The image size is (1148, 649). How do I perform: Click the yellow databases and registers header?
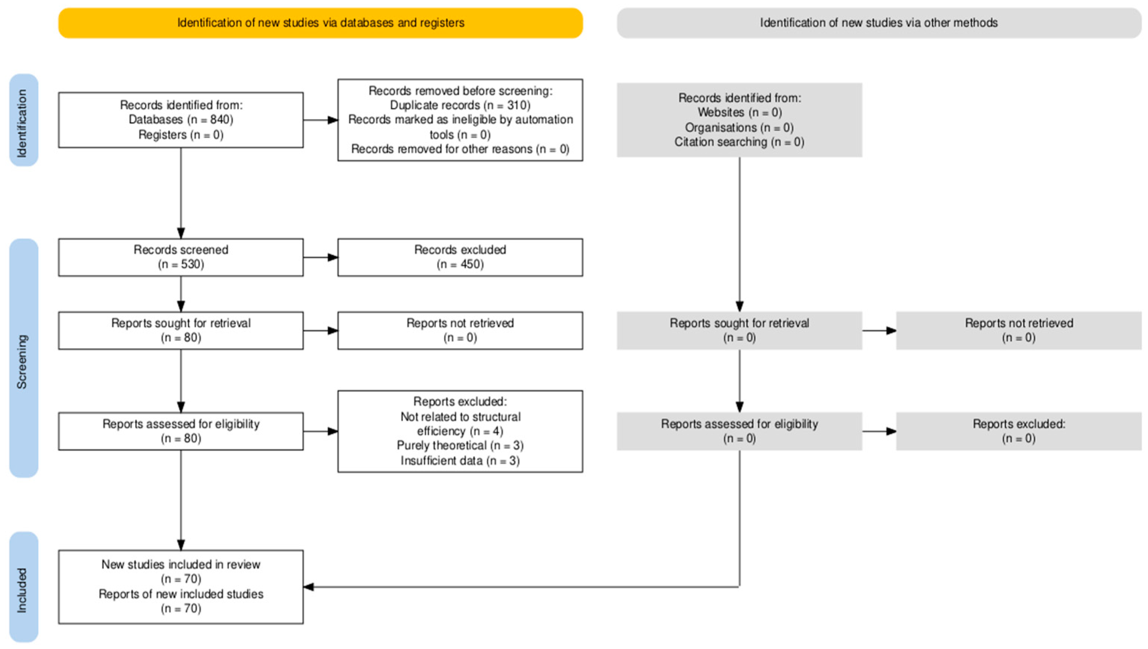pos(321,23)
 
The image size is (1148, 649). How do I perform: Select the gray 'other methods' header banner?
pos(879,23)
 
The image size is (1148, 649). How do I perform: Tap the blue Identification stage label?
pos(24,120)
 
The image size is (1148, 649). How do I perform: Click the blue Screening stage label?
pos(24,358)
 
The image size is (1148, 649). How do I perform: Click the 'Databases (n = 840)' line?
pos(181,119)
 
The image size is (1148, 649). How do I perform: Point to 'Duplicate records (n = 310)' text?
pos(460,105)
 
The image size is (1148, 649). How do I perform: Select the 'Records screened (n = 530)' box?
pos(181,257)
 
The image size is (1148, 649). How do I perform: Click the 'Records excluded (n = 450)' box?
pos(460,257)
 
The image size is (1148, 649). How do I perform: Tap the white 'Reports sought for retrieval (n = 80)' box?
pos(181,330)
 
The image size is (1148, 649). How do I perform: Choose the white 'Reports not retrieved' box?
pos(460,330)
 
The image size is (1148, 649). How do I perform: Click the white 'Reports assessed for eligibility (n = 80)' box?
pos(181,431)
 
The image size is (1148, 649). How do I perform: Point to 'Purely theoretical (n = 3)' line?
pos(460,446)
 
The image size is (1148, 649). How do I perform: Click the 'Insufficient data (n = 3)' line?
pos(460,461)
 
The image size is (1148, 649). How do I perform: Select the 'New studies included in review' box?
pos(181,586)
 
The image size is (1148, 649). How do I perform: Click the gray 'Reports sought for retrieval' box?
pos(740,330)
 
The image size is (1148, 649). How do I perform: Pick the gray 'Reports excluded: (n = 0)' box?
pos(1019,431)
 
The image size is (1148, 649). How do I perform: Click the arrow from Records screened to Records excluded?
pos(321,257)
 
